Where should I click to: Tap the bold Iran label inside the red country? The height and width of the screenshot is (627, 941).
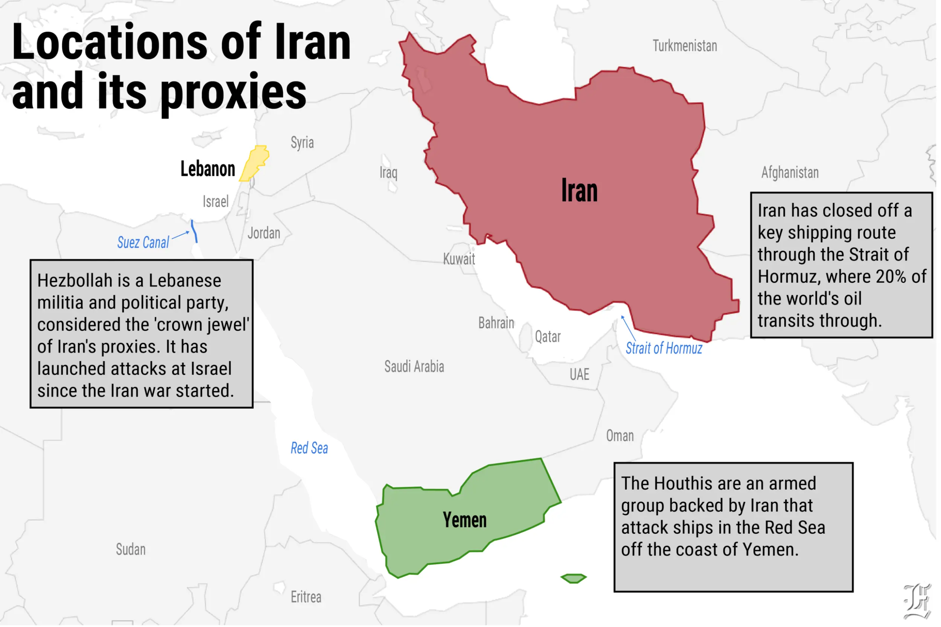click(x=579, y=191)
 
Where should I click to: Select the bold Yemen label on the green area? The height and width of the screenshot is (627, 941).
click(x=464, y=520)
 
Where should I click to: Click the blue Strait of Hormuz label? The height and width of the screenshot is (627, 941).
click(x=664, y=349)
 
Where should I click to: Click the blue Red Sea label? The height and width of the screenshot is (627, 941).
click(x=309, y=448)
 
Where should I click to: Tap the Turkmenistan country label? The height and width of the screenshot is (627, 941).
click(x=685, y=46)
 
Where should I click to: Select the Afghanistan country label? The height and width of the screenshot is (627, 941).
click(x=790, y=173)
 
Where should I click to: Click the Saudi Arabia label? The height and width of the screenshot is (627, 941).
click(x=414, y=367)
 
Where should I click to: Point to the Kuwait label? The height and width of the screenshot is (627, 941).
click(x=459, y=259)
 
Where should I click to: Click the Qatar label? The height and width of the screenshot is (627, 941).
click(x=548, y=337)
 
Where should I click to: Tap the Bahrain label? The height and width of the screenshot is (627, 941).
click(x=496, y=323)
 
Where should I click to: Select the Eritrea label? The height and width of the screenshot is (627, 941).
click(x=306, y=597)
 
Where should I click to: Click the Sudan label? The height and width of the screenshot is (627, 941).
click(x=131, y=550)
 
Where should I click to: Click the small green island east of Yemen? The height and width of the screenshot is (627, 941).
click(x=573, y=578)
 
